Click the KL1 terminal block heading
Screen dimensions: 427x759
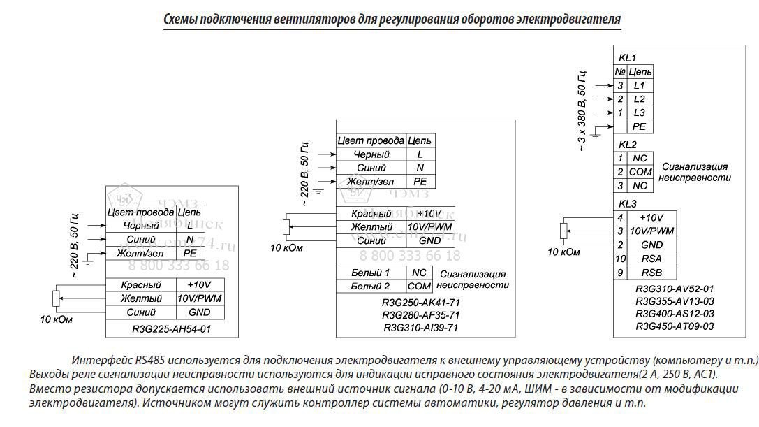point(628,57)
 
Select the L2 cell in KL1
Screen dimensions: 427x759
point(640,99)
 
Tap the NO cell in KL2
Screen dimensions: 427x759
point(640,186)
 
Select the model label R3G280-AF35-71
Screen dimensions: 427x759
point(421,315)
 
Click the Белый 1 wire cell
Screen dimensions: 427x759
point(370,273)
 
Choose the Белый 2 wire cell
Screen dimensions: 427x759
point(370,286)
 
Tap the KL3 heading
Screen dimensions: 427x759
point(628,204)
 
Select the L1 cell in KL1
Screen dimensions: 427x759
point(640,85)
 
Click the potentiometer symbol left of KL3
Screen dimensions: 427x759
point(565,231)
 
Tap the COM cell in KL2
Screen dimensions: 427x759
point(640,172)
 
